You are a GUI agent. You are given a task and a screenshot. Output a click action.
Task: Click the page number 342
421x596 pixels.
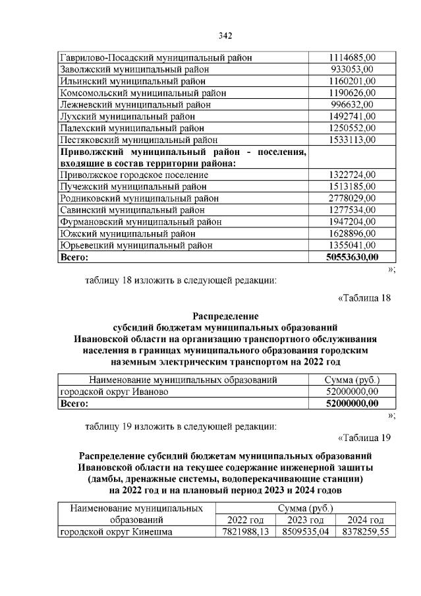point(225,36)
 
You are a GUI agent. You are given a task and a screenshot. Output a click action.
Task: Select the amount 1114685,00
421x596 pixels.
point(352,57)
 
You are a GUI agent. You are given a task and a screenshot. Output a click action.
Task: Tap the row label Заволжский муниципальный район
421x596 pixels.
point(134,69)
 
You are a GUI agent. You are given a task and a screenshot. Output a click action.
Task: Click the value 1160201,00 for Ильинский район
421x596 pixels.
point(352,80)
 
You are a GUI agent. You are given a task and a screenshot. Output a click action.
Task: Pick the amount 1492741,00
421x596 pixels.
point(352,116)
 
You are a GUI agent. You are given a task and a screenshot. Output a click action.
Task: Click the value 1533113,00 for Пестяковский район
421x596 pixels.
point(352,139)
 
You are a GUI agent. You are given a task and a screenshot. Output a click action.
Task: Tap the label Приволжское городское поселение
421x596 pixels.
point(134,175)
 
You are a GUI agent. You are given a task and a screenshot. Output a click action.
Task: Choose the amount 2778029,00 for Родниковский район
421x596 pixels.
point(352,198)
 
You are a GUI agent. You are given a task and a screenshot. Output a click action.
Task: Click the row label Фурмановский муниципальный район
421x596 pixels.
point(140,222)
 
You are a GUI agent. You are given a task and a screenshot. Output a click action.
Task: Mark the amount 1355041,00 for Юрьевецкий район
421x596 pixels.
point(352,245)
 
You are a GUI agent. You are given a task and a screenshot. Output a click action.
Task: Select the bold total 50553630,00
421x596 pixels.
point(352,256)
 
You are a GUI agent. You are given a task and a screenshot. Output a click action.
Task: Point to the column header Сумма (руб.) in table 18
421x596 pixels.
point(352,380)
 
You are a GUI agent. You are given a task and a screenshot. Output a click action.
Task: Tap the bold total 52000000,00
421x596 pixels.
point(352,403)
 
